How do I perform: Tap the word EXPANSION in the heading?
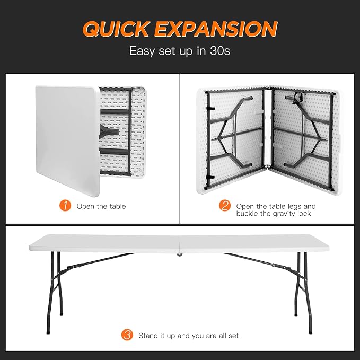(x=216, y=29)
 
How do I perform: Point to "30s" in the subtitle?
(x=219, y=51)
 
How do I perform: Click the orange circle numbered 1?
(x=65, y=206)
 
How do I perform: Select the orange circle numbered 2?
(x=225, y=206)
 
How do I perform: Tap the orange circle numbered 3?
(x=127, y=335)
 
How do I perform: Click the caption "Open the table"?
(x=101, y=206)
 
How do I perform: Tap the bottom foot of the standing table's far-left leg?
(x=48, y=332)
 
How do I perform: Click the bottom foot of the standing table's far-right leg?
(x=310, y=331)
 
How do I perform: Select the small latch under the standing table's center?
(x=178, y=254)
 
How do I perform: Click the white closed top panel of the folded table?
(x=67, y=141)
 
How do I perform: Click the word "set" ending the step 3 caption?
(x=233, y=336)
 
